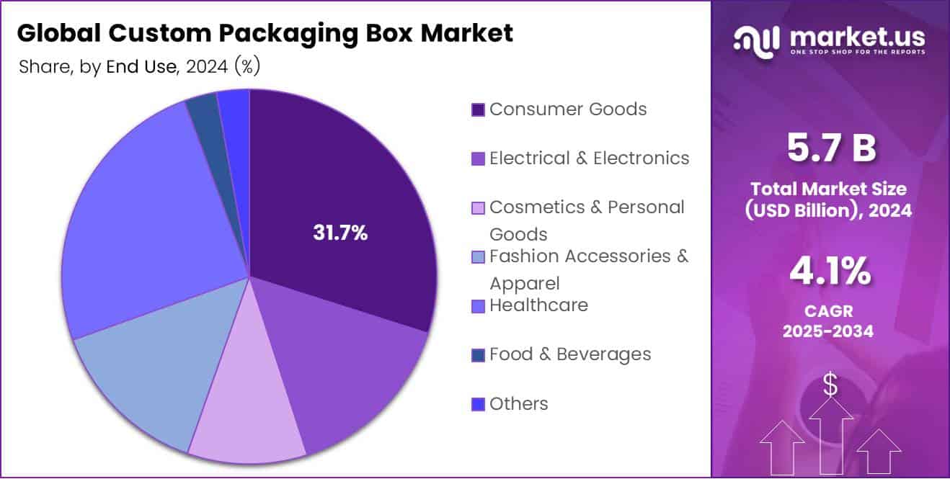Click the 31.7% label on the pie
point(339,233)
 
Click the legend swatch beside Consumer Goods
point(477,110)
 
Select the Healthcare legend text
point(538,305)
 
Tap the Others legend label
point(518,404)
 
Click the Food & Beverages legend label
point(569,354)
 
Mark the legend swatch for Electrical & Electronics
point(477,159)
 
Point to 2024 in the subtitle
point(208,67)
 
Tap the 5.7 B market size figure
point(831,148)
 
